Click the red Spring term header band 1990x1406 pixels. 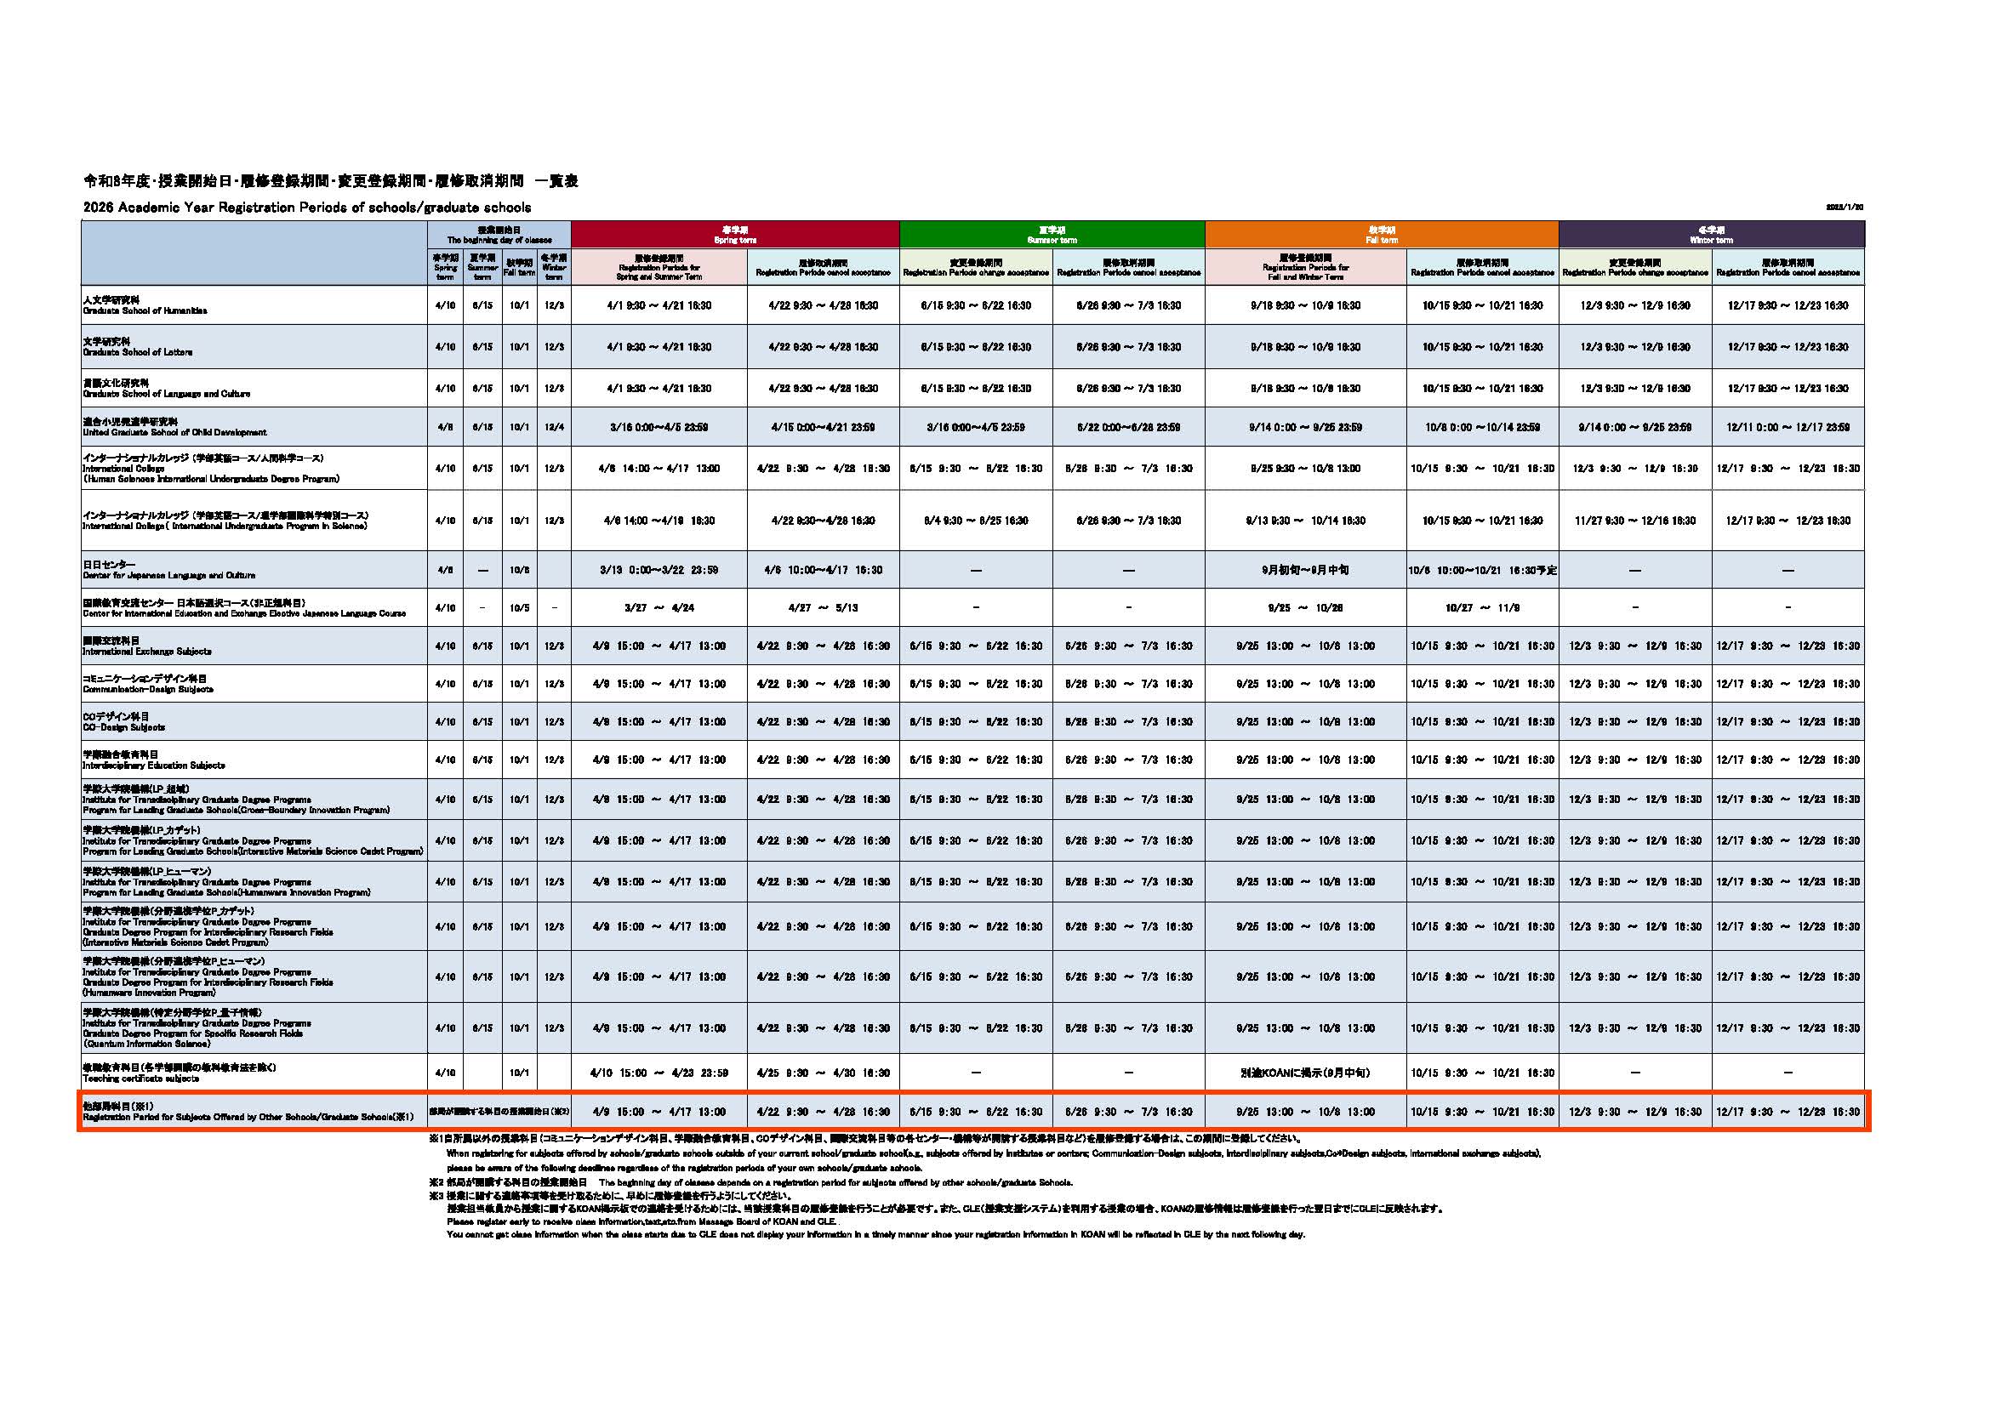click(x=735, y=235)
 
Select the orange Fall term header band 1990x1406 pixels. click(x=1381, y=235)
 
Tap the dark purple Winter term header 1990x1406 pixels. click(x=1711, y=235)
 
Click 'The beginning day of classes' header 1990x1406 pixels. click(x=499, y=235)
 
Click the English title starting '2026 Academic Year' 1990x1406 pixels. click(x=307, y=208)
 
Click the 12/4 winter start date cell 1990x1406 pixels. click(x=554, y=427)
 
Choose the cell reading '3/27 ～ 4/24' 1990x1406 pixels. click(x=659, y=608)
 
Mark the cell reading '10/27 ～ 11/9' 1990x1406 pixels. click(x=1482, y=608)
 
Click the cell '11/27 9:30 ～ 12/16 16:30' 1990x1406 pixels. click(x=1634, y=521)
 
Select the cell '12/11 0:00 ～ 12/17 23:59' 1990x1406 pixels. click(x=1788, y=427)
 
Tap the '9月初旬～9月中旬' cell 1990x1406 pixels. click(x=1304, y=570)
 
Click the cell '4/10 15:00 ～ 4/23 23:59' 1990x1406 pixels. click(x=659, y=1073)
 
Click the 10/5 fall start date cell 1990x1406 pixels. click(x=519, y=608)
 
